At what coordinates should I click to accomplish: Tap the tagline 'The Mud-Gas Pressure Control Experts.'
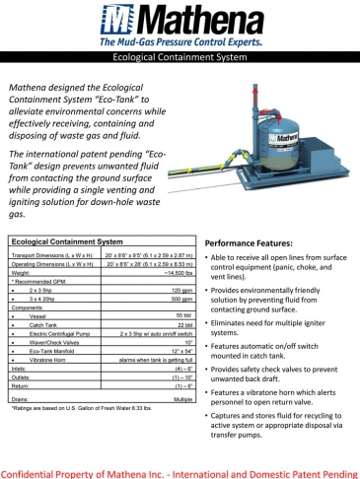click(x=180, y=44)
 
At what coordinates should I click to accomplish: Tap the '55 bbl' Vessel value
click(x=181, y=315)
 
